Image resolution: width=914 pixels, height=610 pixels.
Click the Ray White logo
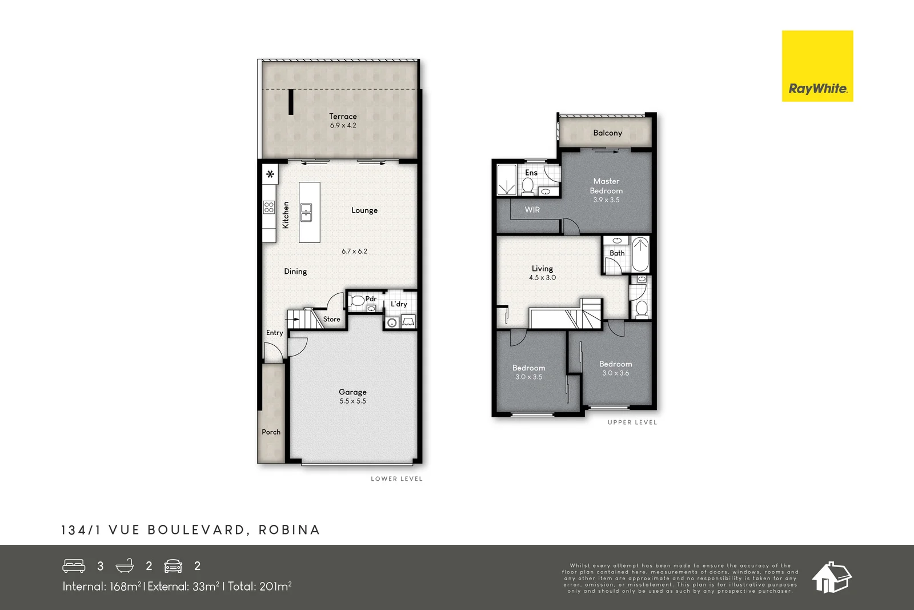pos(817,66)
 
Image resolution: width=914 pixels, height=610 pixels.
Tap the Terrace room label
pos(343,116)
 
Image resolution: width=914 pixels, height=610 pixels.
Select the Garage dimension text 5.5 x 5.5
pos(352,401)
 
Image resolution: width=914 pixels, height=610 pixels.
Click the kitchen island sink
pos(307,212)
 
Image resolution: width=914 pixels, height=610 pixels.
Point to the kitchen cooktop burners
pos(269,207)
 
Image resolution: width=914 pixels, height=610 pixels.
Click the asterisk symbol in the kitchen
pos(270,174)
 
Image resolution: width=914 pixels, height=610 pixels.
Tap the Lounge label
pos(364,210)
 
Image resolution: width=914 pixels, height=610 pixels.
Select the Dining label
pos(295,272)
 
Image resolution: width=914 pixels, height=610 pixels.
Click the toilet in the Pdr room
pos(358,301)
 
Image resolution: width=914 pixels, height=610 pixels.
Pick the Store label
pos(331,319)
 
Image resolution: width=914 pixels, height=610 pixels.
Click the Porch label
pos(271,432)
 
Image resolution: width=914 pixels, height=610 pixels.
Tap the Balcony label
pos(607,133)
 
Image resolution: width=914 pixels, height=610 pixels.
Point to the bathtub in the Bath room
pos(640,254)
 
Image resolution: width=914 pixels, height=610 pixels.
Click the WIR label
pos(532,210)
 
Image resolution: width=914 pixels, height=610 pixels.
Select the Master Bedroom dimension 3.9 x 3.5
pos(606,200)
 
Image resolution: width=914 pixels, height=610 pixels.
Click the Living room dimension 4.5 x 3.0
pos(542,278)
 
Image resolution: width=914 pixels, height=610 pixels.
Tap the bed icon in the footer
pos(74,565)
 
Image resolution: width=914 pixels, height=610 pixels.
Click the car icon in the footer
pos(173,566)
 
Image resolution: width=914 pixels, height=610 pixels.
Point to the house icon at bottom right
pos(832,577)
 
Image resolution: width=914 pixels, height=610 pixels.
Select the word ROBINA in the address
pos(289,530)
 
